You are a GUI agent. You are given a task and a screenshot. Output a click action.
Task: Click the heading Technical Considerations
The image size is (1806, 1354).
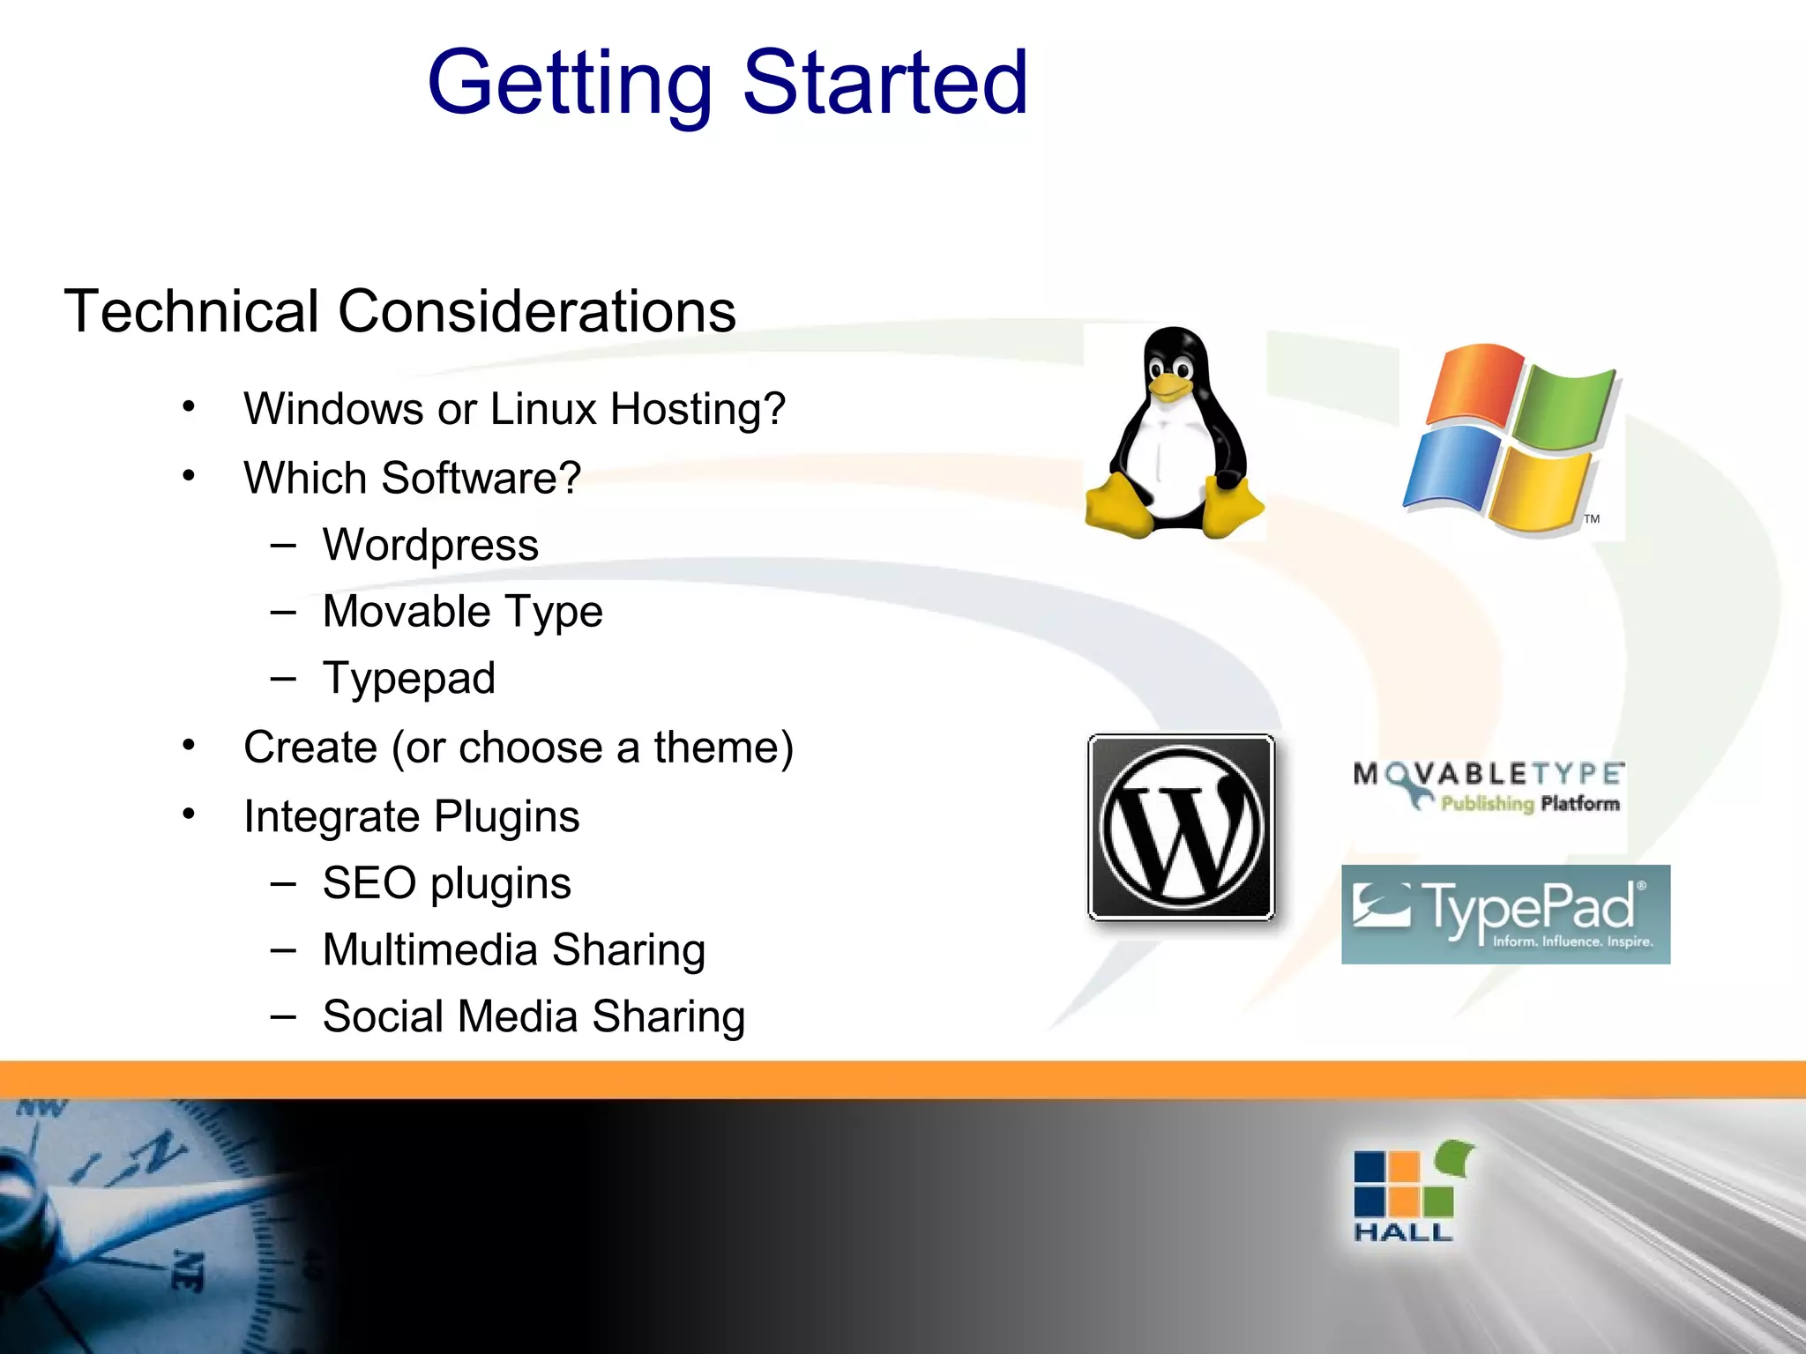pyautogui.click(x=399, y=311)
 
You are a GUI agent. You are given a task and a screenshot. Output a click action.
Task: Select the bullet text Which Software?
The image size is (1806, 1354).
pyautogui.click(x=412, y=478)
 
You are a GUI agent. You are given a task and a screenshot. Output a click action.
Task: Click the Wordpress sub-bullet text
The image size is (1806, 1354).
pyautogui.click(x=430, y=545)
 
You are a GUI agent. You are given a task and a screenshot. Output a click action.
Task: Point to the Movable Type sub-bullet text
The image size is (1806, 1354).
pyautogui.click(x=462, y=612)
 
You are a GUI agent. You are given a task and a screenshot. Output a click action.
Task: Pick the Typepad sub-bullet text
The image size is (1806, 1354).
pyautogui.click(x=408, y=679)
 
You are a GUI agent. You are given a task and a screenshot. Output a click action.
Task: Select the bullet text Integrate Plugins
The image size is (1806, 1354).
pyautogui.click(x=411, y=816)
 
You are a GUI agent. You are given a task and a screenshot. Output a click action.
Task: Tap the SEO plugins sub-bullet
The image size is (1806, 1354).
pyautogui.click(x=446, y=883)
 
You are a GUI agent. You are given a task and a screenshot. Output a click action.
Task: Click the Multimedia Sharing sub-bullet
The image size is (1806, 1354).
pyautogui.click(x=513, y=950)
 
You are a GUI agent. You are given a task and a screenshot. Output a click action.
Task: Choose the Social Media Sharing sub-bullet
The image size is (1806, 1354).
pyautogui.click(x=534, y=1016)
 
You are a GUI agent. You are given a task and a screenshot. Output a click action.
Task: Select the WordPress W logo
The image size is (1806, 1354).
pyautogui.click(x=1182, y=827)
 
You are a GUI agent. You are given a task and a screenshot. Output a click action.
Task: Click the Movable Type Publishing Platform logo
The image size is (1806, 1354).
pyautogui.click(x=1488, y=786)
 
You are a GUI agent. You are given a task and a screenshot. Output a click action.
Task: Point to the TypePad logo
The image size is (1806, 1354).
pyautogui.click(x=1505, y=914)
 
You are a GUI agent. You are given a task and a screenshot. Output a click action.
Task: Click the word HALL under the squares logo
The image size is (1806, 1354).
pyautogui.click(x=1402, y=1232)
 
